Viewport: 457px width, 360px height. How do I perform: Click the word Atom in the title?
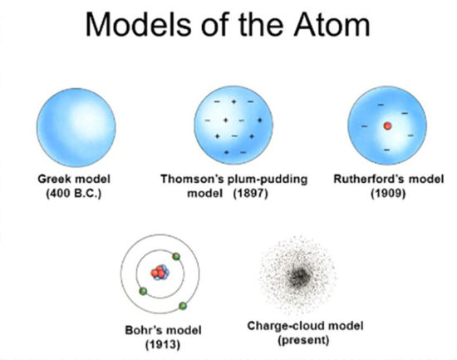coord(332,24)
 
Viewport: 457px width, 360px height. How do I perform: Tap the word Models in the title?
coord(139,24)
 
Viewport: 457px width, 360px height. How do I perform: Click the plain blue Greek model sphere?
coord(76,127)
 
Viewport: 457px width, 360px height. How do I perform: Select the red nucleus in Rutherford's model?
coord(387,126)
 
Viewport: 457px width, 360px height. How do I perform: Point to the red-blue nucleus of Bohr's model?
coord(160,273)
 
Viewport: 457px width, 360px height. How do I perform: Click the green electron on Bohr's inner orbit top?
coord(176,257)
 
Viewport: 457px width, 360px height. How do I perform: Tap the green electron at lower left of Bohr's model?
coord(143,291)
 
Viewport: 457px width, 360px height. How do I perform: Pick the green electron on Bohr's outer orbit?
coord(183,306)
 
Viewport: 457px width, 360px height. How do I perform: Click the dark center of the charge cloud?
coord(299,276)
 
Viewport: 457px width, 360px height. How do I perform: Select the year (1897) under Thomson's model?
coord(250,193)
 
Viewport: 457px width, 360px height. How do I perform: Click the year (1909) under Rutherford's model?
coord(388,193)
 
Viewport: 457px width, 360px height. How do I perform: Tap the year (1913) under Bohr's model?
coord(163,344)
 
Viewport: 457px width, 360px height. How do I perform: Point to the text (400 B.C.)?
coord(74,193)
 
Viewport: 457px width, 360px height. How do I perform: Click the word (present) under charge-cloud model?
coord(303,340)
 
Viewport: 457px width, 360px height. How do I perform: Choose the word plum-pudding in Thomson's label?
coord(268,179)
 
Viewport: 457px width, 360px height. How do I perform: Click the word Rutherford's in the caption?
coord(368,179)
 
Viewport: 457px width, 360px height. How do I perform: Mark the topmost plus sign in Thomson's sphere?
coord(233,101)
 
